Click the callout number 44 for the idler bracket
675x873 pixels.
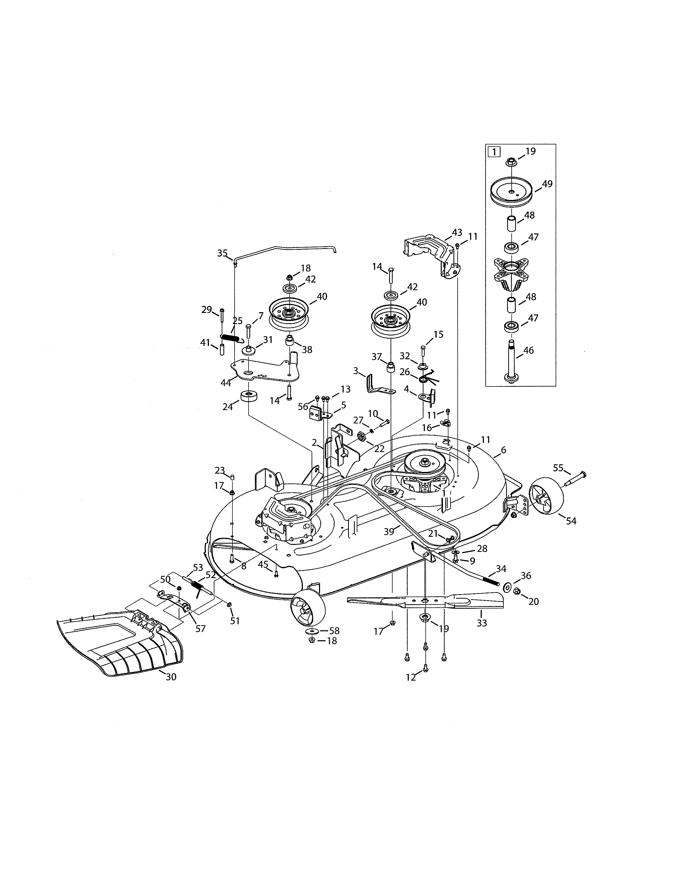click(x=226, y=383)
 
